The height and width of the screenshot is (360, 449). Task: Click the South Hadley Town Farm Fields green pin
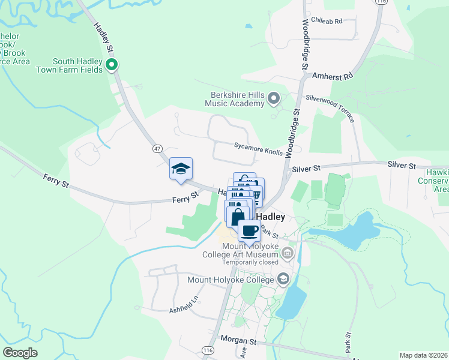(x=111, y=65)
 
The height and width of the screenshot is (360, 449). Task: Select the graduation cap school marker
(x=181, y=169)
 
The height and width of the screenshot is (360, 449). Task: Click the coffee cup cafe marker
(x=249, y=230)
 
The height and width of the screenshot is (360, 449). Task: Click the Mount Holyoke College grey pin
(x=283, y=279)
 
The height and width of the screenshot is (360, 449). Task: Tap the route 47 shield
(x=158, y=148)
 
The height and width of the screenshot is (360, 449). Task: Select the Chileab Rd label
(x=327, y=21)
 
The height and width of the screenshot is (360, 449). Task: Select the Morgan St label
(x=237, y=340)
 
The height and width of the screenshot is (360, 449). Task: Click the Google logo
(x=20, y=353)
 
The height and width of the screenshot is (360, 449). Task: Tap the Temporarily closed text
(x=251, y=262)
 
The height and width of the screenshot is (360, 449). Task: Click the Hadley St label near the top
(x=103, y=37)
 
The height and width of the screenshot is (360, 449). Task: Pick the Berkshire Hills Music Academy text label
(x=237, y=99)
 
